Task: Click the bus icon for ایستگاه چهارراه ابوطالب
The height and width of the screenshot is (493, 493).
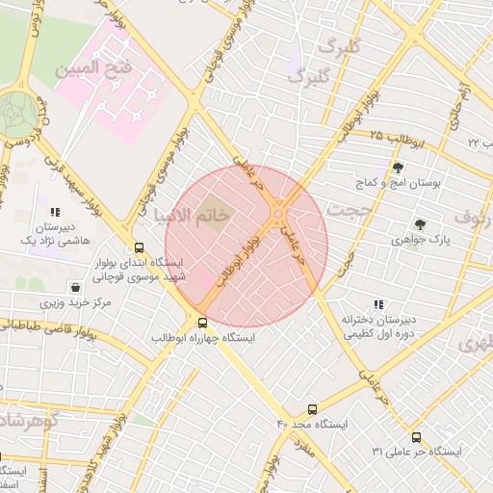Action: (202, 323)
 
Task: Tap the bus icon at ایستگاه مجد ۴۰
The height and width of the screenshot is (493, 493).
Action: (311, 408)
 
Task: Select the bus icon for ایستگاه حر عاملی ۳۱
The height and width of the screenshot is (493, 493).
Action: (416, 436)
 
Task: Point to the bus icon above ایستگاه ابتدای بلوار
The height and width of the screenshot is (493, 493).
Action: (141, 246)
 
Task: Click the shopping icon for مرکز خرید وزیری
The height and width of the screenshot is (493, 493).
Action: (75, 287)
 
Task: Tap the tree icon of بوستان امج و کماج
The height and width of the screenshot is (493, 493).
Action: (397, 168)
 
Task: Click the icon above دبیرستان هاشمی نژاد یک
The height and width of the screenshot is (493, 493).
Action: (55, 212)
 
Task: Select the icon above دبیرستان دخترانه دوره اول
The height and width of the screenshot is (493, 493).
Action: (377, 303)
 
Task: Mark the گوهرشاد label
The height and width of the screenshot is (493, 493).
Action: (29, 421)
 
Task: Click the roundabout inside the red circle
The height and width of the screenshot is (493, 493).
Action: (278, 213)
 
